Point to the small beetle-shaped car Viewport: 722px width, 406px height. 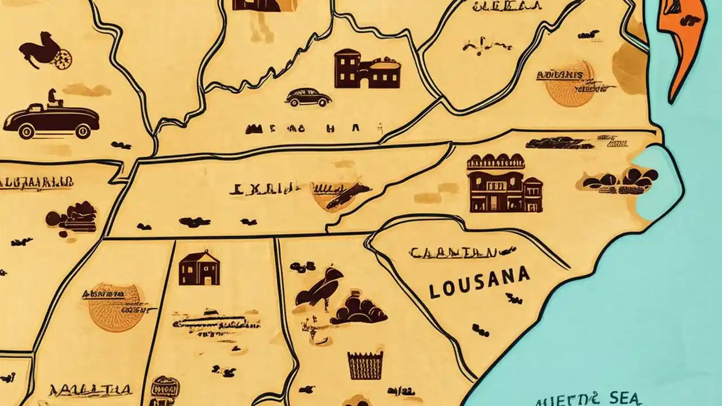coord(307,97)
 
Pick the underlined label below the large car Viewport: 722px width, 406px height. coord(37,182)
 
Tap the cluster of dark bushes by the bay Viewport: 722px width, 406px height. coord(620,179)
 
